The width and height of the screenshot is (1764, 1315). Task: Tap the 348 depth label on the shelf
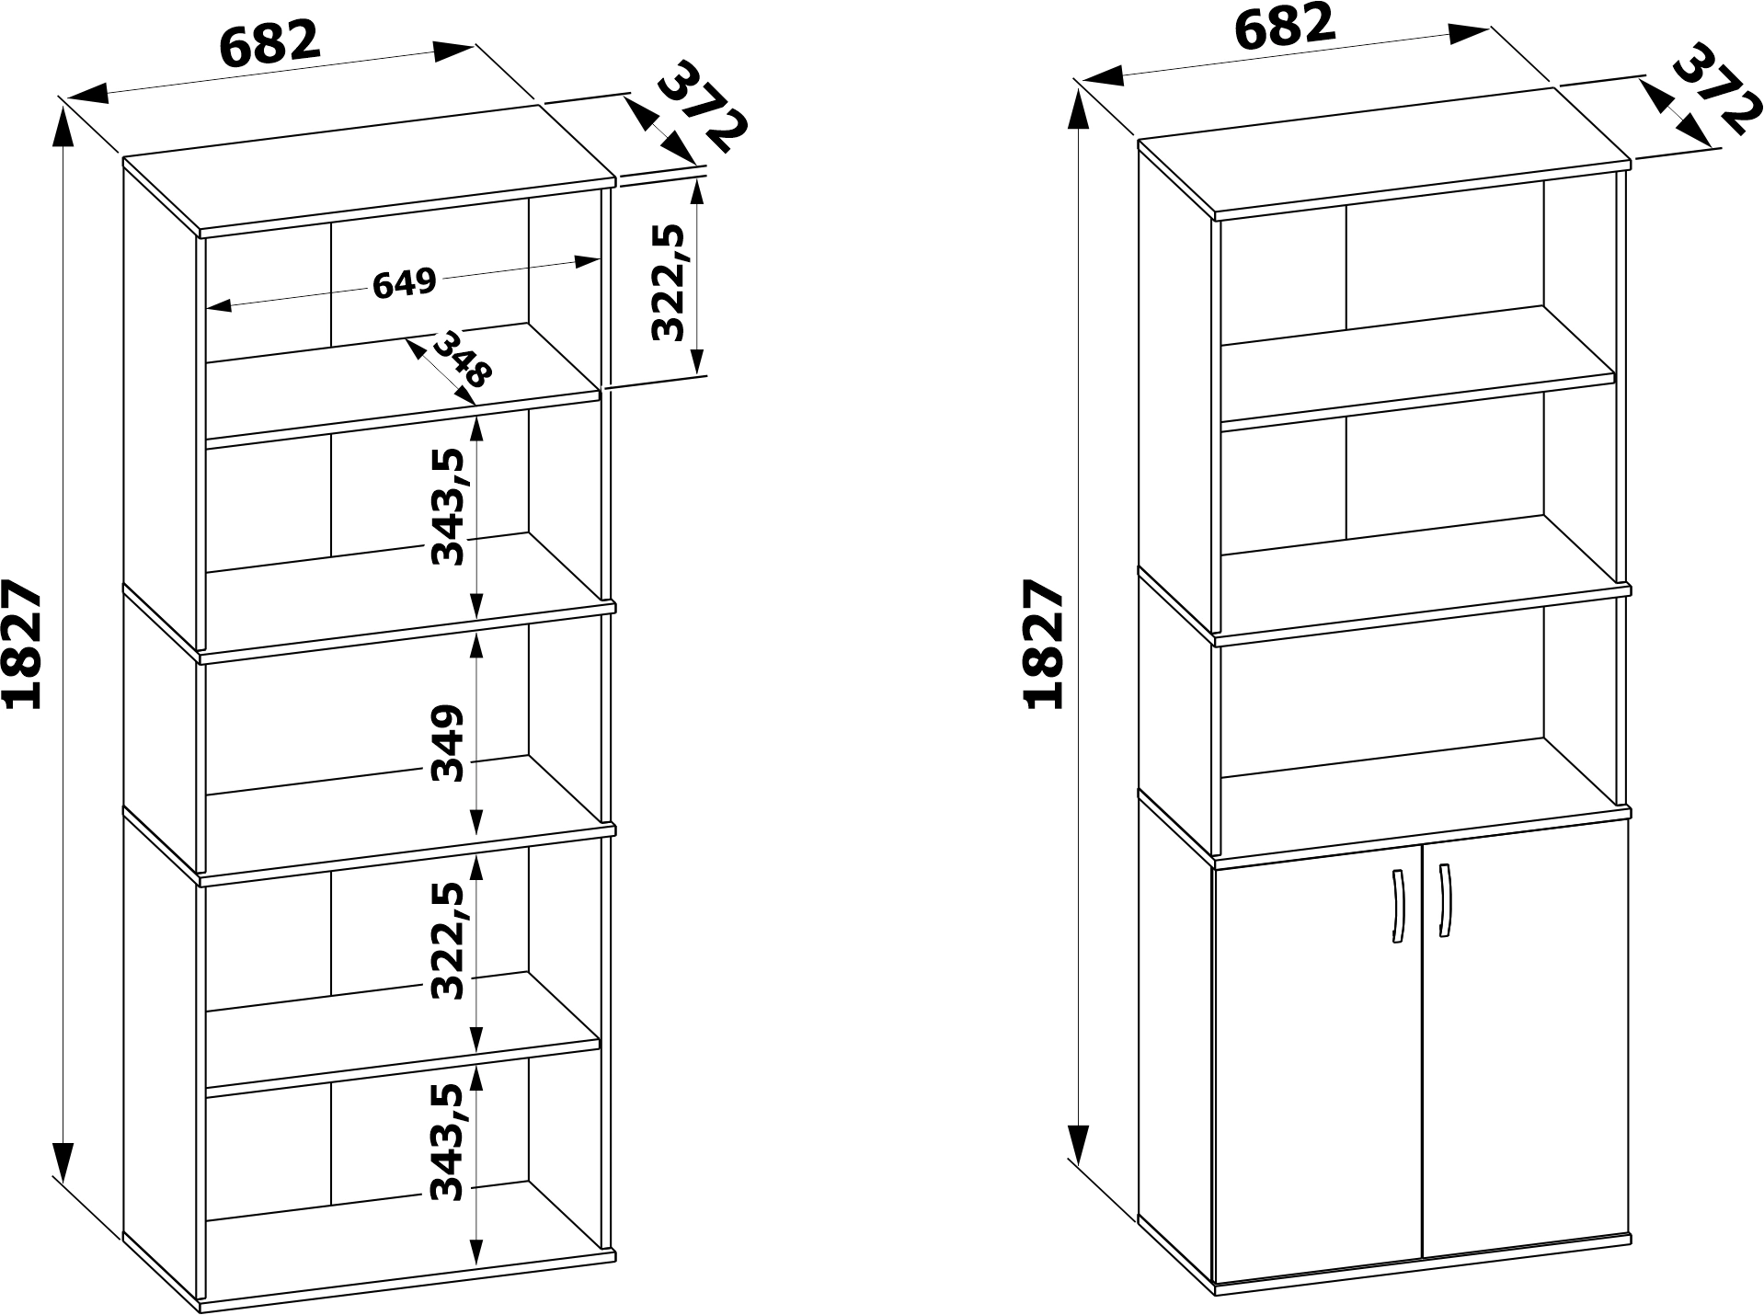pos(463,359)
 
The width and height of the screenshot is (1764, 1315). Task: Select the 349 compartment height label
pos(449,743)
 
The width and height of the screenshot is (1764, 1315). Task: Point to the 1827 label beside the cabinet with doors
pos(1043,645)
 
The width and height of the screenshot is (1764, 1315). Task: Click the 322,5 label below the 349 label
pos(449,941)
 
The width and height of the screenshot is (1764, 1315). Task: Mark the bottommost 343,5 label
pos(449,1143)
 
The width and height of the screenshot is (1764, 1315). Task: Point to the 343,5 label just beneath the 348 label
pos(449,507)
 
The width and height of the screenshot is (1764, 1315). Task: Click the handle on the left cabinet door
pos(1397,906)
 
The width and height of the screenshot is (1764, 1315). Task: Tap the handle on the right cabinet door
pos(1444,901)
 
